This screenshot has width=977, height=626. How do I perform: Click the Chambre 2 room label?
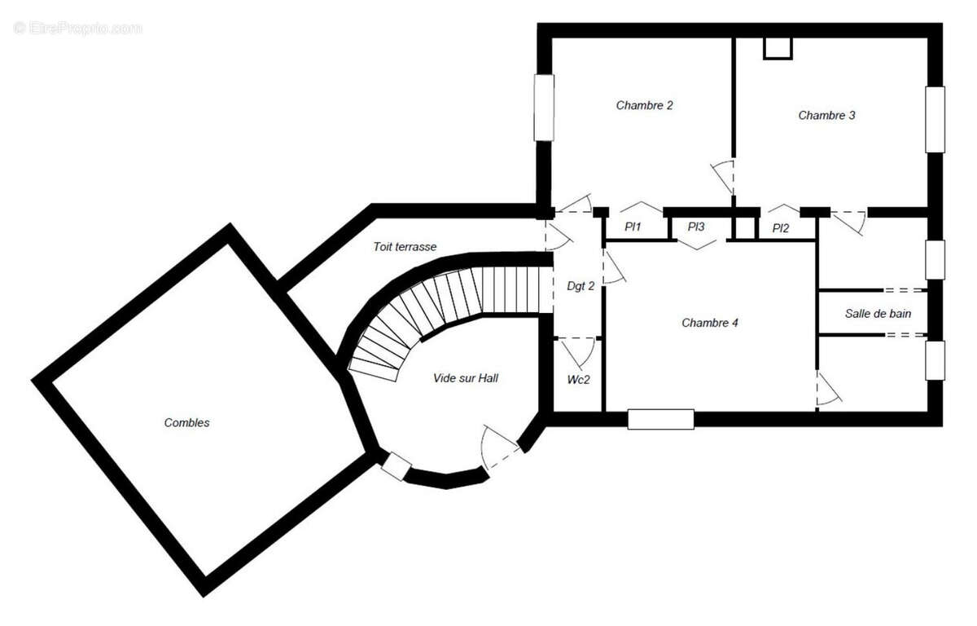coord(644,105)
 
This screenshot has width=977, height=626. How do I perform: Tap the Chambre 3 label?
coord(826,116)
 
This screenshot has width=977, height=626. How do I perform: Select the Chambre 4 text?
coord(710,323)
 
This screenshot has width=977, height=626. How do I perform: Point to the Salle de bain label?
coord(878,313)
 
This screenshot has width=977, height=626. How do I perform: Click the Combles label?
coord(186,422)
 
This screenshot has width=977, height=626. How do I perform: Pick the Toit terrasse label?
coord(405,246)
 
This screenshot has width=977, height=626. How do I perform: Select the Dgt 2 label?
coord(581,285)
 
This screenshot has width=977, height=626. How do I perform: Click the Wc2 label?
coord(579,380)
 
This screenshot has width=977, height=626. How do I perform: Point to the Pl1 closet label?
coord(633,227)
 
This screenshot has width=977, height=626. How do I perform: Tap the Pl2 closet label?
coord(781,228)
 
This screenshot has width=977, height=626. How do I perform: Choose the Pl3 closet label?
coord(695,227)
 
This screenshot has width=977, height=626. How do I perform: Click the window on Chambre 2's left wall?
coord(543,107)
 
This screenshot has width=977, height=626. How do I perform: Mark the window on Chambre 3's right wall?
coord(935,119)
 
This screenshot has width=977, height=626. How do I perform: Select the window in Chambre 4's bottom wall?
coord(660,419)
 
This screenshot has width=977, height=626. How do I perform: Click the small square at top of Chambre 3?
coord(778,47)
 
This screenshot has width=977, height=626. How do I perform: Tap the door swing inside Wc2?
coord(580,352)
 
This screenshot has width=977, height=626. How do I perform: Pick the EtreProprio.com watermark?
coord(77,28)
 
